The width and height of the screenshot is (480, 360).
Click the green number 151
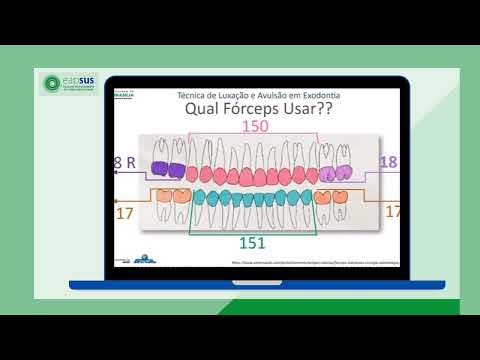click(x=251, y=243)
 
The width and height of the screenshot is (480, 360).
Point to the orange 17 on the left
click(x=125, y=212)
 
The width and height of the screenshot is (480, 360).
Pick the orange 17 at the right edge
click(x=392, y=211)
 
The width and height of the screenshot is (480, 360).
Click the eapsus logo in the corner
click(x=71, y=86)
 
